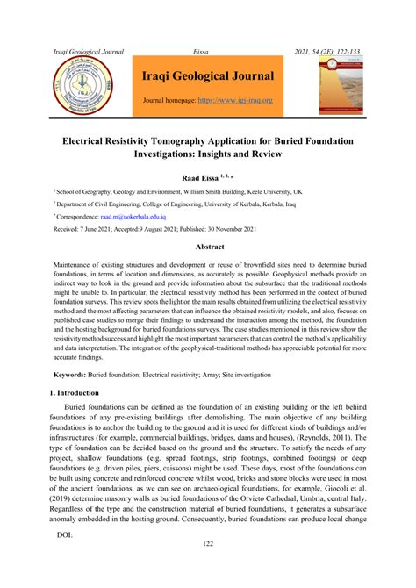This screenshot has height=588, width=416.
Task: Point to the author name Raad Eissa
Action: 202,178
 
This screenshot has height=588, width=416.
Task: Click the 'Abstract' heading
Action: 208,248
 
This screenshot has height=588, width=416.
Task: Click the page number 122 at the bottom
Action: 208,570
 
